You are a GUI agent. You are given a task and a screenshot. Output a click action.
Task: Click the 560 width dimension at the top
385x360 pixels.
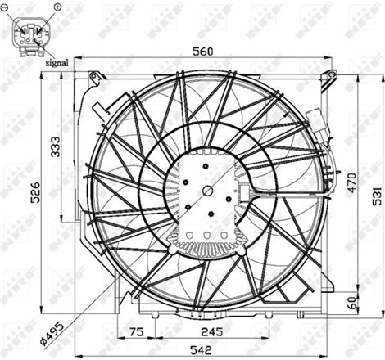click(x=202, y=52)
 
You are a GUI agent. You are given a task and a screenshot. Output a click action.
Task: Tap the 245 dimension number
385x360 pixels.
click(x=213, y=332)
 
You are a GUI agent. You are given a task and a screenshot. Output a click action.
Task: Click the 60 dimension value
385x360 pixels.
click(x=353, y=304)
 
